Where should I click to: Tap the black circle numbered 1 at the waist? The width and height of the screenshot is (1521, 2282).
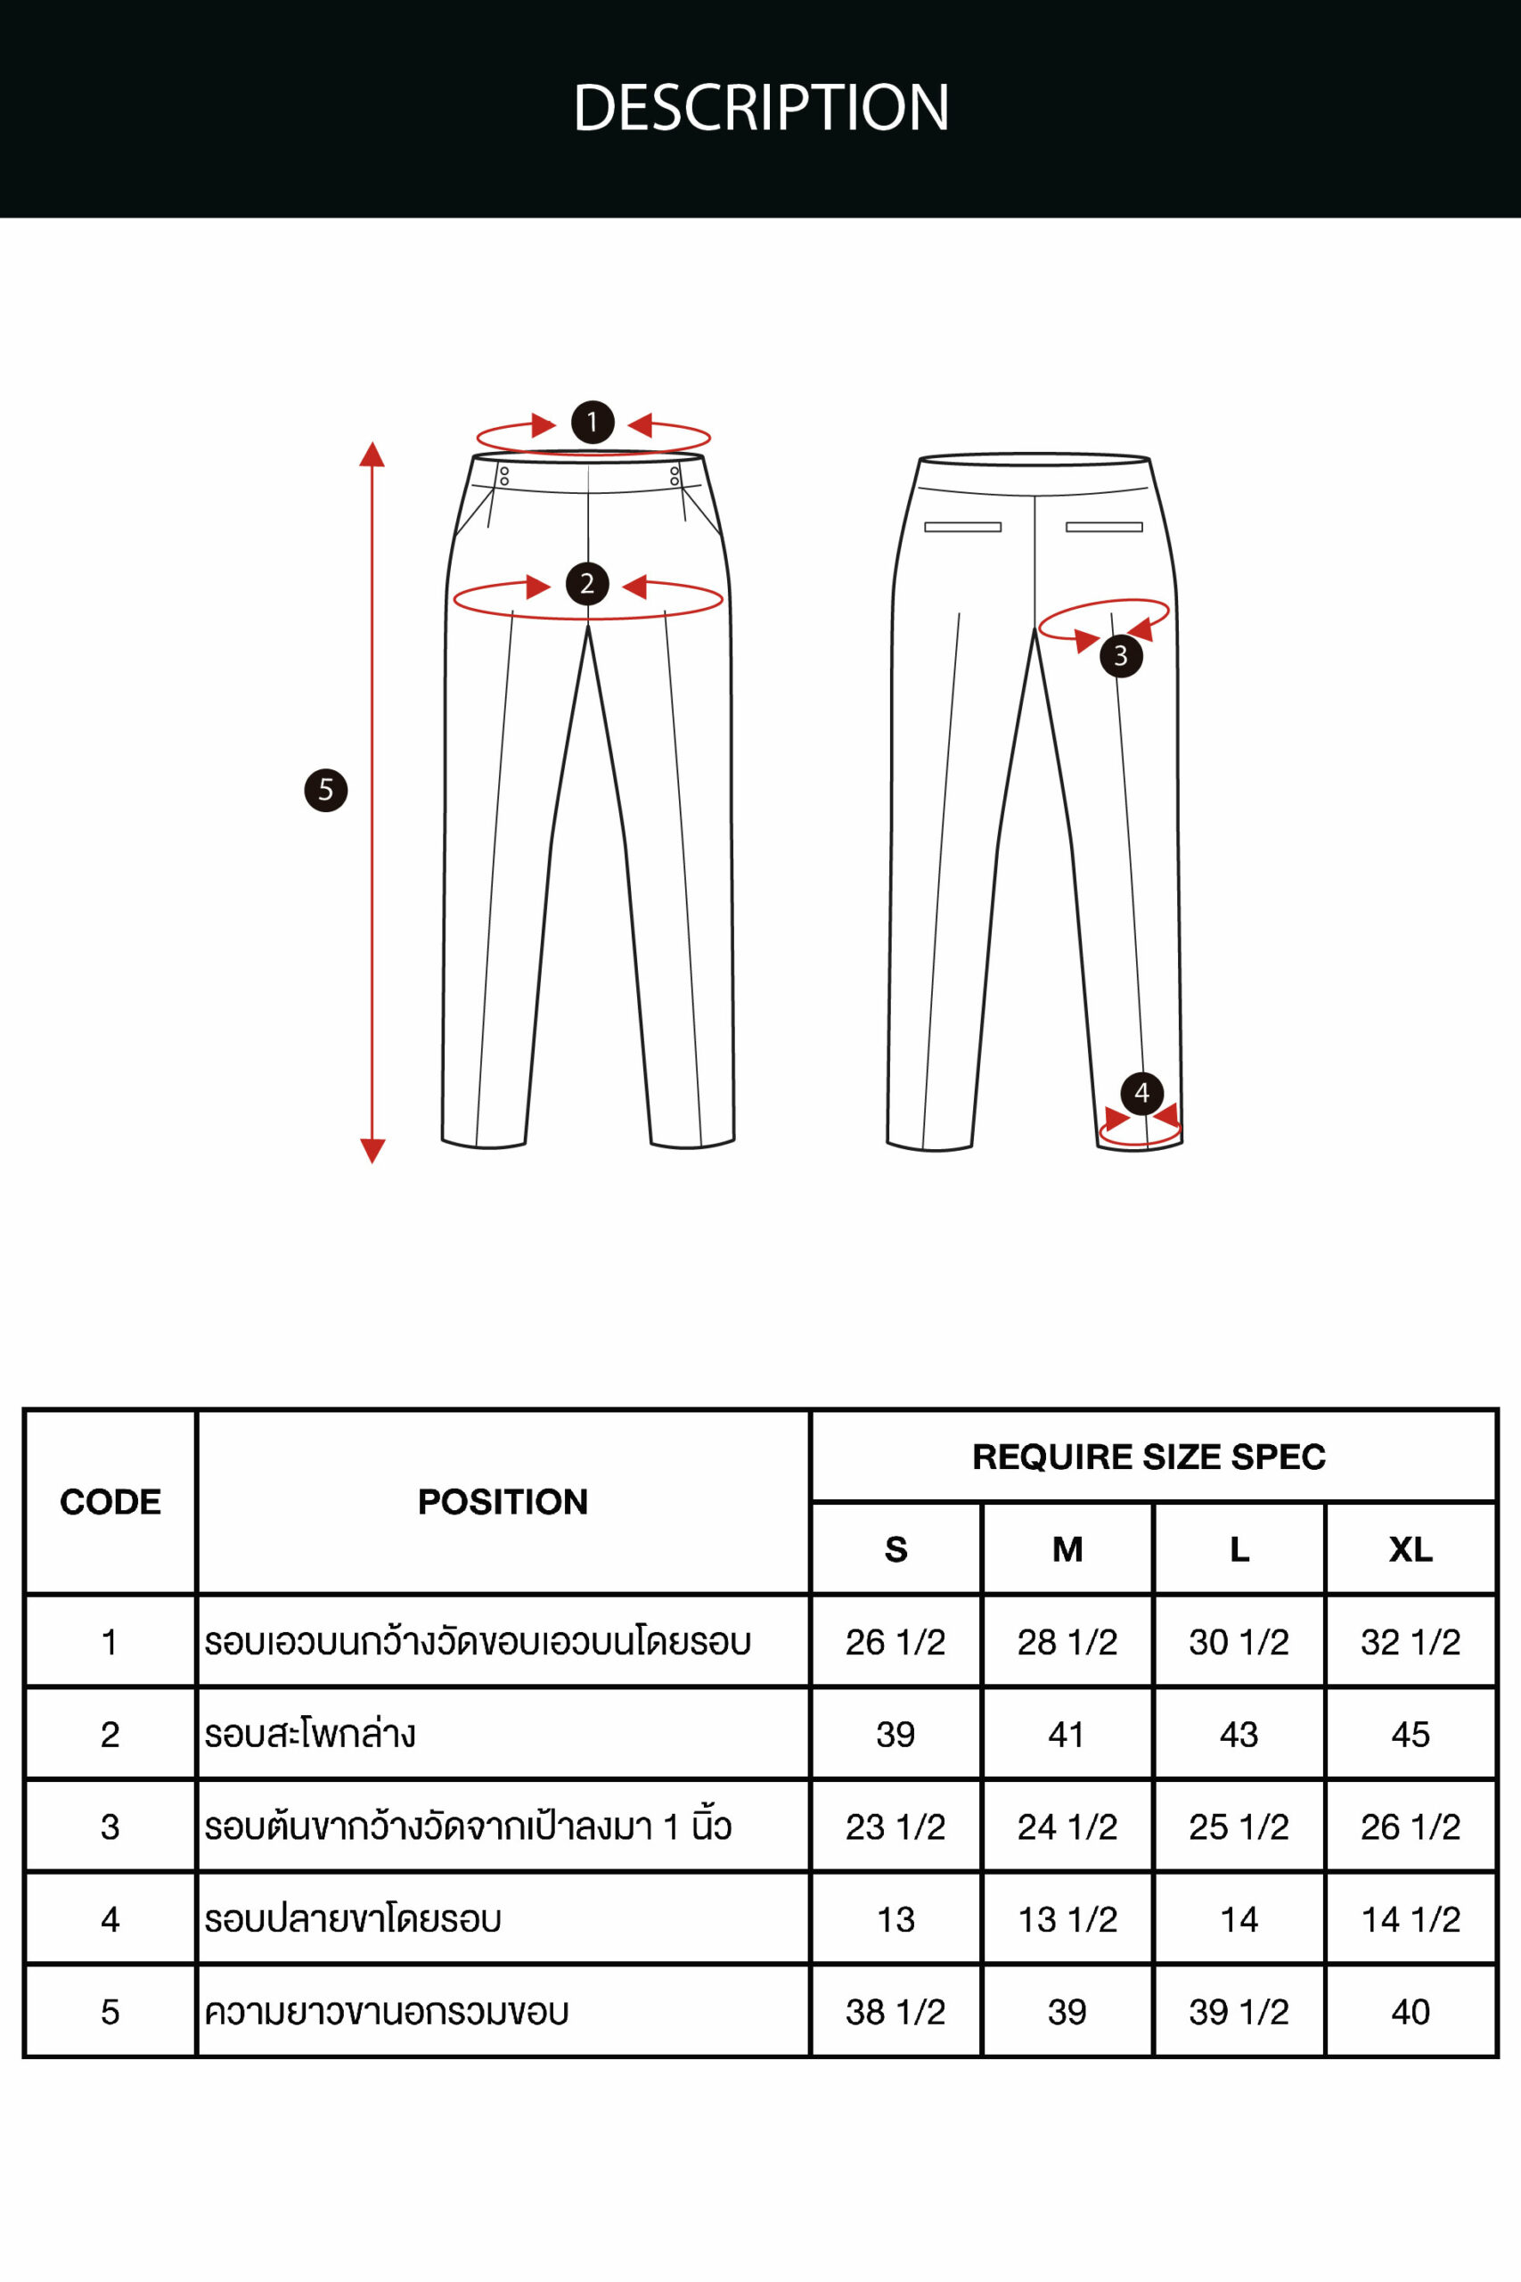pos(592,422)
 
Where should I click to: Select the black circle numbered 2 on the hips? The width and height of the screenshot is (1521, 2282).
pos(587,584)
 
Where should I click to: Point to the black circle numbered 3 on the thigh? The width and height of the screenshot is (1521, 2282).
pos(1120,656)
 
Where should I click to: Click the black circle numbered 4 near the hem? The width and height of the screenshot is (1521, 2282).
pos(1141,1094)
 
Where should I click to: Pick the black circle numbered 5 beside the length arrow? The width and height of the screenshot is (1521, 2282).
pos(326,790)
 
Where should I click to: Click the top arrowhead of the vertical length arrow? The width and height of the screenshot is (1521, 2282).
pos(372,455)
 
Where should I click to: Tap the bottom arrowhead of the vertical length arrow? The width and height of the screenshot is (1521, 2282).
pos(372,1150)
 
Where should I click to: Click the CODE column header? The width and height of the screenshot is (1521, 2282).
pos(110,1502)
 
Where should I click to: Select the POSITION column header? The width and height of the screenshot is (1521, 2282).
pos(503,1502)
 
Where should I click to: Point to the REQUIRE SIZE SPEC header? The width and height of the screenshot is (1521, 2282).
pos(1149,1457)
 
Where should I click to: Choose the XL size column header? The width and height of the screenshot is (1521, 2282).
pos(1411,1549)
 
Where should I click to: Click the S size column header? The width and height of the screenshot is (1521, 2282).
pos(895,1549)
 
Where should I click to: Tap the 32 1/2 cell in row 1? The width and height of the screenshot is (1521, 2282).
pos(1411,1642)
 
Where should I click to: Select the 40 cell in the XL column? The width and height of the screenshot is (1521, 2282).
pos(1411,2011)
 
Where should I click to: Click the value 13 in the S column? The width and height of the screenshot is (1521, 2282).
pos(895,1919)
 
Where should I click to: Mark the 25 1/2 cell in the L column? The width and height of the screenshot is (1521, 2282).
pos(1239,1827)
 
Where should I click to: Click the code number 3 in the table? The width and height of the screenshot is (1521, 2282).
pos(110,1827)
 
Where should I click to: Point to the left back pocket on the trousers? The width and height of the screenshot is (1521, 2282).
pos(962,527)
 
